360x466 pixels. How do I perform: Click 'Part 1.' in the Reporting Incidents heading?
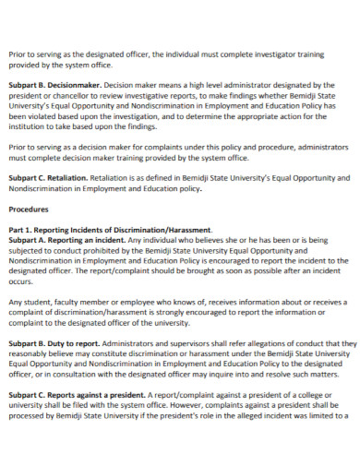[20, 230]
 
